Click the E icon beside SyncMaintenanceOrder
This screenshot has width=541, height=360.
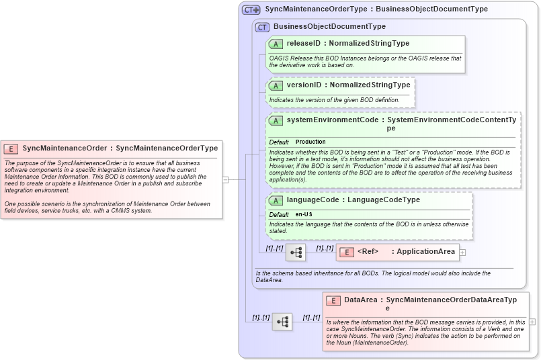point(11,148)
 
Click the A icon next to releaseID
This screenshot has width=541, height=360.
point(276,44)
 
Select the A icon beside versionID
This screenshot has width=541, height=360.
point(276,85)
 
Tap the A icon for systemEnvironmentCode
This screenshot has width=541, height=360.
point(276,121)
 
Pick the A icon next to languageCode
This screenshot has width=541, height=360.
point(276,200)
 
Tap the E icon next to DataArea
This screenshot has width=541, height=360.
point(333,301)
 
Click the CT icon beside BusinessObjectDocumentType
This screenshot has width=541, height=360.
point(262,27)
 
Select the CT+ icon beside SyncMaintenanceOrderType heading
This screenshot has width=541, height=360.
point(251,9)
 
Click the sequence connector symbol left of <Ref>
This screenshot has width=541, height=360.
point(295,253)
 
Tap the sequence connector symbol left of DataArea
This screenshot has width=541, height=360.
point(282,322)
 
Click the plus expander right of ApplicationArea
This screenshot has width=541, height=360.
point(462,253)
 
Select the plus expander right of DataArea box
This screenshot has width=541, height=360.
point(532,322)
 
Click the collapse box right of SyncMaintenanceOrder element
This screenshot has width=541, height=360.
point(226,179)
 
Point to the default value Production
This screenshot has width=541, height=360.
point(310,142)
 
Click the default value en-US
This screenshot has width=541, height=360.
point(304,214)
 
